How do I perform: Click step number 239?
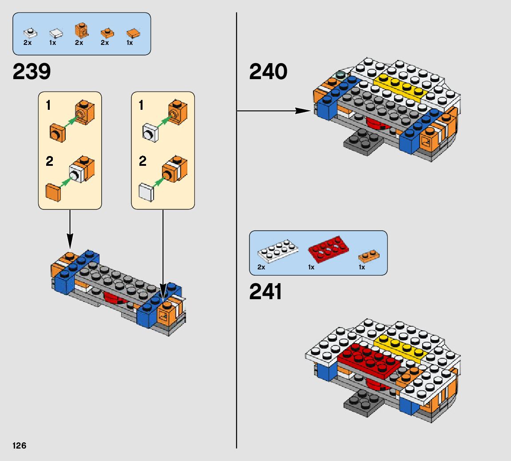(x=32, y=72)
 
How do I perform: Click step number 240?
(x=268, y=72)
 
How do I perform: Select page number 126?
(x=19, y=446)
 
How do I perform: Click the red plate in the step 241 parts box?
(x=328, y=250)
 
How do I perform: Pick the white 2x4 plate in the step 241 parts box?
(x=277, y=251)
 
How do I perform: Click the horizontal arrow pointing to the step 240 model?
(x=274, y=111)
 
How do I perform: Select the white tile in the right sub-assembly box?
(x=146, y=192)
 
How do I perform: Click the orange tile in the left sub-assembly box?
(x=53, y=192)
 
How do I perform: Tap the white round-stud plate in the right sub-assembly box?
(x=150, y=132)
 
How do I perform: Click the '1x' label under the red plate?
(x=311, y=267)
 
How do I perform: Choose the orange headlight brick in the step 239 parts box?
(x=82, y=31)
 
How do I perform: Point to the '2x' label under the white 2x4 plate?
(x=261, y=267)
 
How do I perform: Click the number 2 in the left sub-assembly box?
(x=50, y=161)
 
